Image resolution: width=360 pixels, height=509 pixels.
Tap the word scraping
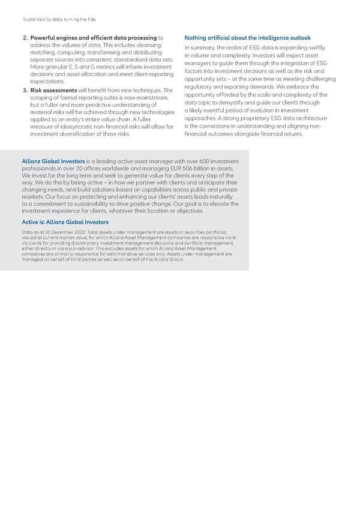pyautogui.click(x=41, y=98)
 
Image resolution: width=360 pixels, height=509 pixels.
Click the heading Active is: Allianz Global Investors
pyautogui.click(x=65, y=223)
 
